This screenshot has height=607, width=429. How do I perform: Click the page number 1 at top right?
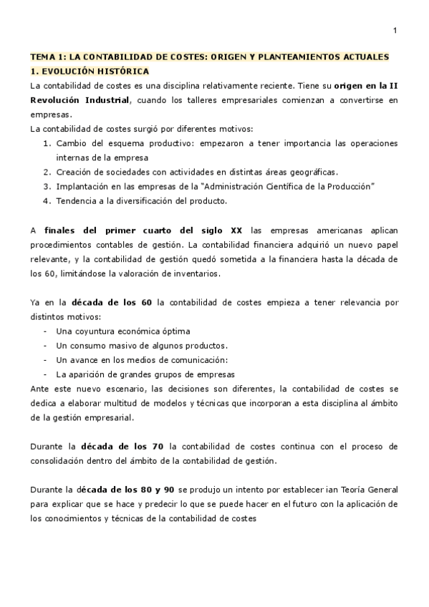(395, 31)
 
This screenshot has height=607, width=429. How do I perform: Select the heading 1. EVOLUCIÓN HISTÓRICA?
(89, 71)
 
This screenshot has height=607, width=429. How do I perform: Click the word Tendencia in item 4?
(77, 200)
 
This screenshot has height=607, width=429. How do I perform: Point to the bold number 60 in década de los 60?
(147, 302)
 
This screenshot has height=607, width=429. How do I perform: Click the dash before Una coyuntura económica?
(46, 331)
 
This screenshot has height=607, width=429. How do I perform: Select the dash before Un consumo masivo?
(46, 345)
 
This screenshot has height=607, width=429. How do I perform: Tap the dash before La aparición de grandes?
(46, 374)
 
